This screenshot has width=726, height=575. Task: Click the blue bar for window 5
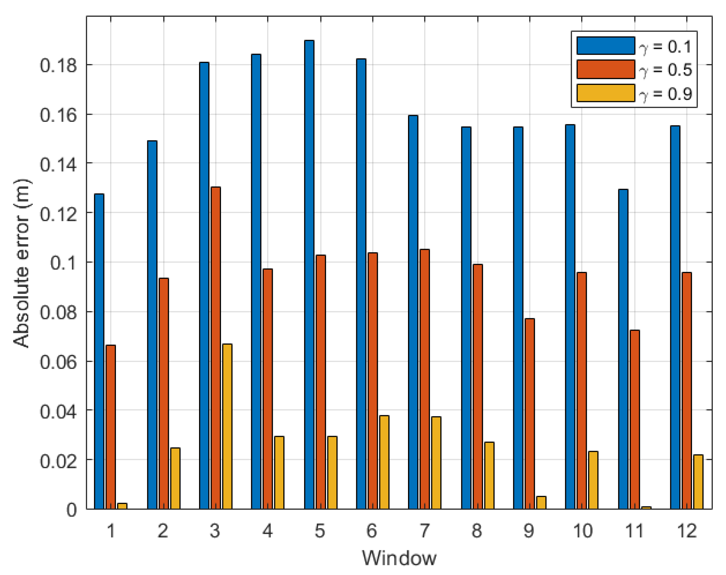point(309,274)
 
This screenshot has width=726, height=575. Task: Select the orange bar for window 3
point(216,348)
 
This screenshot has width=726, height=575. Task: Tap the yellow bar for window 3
point(227,426)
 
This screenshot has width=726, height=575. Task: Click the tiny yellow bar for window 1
point(122,506)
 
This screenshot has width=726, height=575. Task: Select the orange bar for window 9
point(530,413)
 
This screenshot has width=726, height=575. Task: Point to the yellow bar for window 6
point(384,462)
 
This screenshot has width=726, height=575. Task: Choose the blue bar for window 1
point(99,351)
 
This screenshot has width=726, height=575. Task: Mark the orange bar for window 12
point(687,390)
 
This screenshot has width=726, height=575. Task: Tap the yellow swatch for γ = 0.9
point(606,93)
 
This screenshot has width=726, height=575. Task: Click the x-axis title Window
point(399,558)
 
